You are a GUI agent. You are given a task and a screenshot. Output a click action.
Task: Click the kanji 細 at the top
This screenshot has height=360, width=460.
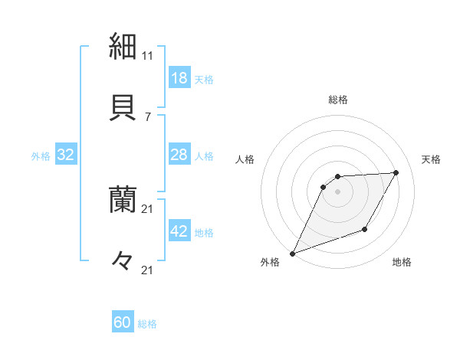123,45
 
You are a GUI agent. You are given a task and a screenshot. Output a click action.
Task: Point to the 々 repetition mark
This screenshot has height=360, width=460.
123,261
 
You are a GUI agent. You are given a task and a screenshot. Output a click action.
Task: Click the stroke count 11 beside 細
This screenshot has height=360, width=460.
148,56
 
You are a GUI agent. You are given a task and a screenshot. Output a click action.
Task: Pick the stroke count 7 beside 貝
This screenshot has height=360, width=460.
148,116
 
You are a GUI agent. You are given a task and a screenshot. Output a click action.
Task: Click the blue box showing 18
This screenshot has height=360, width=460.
179,78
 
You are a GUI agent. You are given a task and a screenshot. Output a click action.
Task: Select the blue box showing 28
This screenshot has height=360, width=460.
179,155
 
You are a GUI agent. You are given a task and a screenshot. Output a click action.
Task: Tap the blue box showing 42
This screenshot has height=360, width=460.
179,232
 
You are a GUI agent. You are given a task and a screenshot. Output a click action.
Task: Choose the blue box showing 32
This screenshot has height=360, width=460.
66,155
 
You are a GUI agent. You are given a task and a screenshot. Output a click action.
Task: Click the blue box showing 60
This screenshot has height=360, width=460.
123,323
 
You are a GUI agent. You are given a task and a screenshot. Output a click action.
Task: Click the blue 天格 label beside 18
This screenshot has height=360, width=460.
204,80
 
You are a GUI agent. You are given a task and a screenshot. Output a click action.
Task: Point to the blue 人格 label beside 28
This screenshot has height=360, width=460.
204,156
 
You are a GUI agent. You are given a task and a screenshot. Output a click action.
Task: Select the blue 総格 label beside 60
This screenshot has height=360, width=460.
147,324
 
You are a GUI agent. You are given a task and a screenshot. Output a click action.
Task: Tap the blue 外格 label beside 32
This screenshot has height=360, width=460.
41,156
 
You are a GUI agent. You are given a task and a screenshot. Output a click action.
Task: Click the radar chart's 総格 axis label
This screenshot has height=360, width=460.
338,100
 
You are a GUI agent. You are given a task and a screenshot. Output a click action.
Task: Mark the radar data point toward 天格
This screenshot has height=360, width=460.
396,172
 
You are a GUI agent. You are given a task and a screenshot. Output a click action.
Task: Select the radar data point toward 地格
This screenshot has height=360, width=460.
365,229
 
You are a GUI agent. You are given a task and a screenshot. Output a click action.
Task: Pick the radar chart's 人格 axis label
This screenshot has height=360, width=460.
245,159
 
